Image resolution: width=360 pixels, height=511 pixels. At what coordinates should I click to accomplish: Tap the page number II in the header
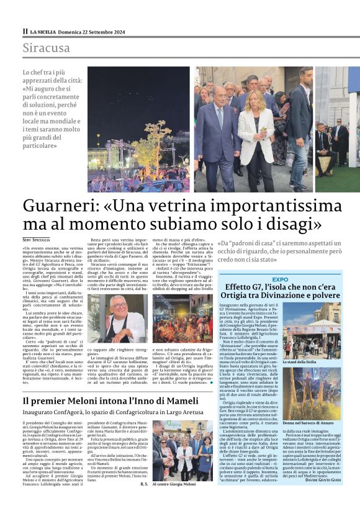[25, 30]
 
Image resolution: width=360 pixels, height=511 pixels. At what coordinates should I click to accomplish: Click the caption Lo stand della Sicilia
[300, 362]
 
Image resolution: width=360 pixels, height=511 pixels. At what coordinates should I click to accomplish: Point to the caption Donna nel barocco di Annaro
[308, 423]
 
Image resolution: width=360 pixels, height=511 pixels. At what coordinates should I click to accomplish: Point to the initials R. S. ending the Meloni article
[144, 500]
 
